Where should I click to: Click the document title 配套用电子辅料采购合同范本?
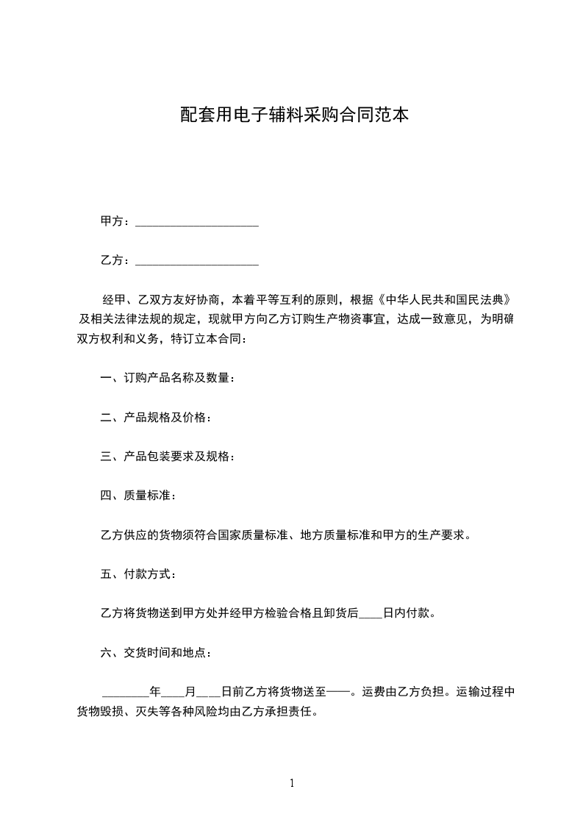pyautogui.click(x=294, y=115)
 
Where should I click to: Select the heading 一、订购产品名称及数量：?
pyautogui.click(x=168, y=379)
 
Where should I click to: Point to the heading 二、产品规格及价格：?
pyautogui.click(x=157, y=418)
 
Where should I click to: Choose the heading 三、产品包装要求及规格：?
pyautogui.click(x=168, y=457)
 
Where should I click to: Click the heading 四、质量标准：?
pyautogui.click(x=138, y=496)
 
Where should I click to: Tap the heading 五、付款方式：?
pyautogui.click(x=138, y=574)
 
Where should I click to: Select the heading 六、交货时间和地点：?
pyautogui.click(x=157, y=651)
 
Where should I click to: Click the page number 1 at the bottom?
pyautogui.click(x=292, y=783)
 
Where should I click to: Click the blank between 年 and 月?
pyautogui.click(x=173, y=693)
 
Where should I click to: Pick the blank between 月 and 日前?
pyautogui.click(x=209, y=693)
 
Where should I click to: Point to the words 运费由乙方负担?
pyautogui.click(x=402, y=691)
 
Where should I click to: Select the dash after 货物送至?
pyautogui.click(x=337, y=691)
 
